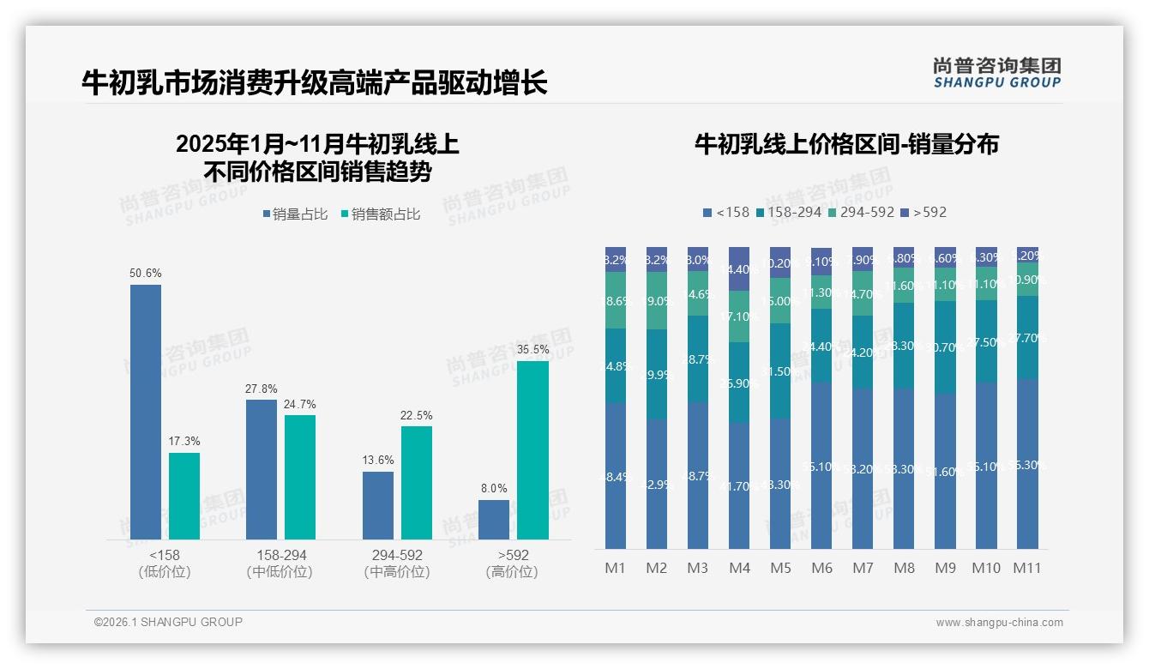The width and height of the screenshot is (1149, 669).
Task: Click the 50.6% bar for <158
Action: click(146, 412)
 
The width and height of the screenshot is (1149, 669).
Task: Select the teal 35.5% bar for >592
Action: click(532, 450)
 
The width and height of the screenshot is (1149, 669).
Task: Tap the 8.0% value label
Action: click(494, 489)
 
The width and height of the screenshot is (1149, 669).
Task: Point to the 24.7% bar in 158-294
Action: click(300, 477)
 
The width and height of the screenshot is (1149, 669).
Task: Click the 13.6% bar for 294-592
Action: click(378, 505)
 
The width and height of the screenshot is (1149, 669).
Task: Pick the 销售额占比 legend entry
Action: click(381, 214)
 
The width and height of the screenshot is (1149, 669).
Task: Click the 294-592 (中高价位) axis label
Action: click(397, 564)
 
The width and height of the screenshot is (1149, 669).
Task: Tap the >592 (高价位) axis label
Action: click(512, 564)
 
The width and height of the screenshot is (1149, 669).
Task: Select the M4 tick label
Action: click(739, 568)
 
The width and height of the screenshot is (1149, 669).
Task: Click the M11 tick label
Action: click(1026, 568)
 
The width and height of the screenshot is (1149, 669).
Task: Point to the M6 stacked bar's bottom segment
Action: click(821, 465)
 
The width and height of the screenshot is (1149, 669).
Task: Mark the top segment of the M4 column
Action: click(739, 268)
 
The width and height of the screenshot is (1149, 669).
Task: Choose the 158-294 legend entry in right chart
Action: click(789, 212)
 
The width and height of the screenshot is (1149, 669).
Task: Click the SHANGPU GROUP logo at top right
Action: click(996, 73)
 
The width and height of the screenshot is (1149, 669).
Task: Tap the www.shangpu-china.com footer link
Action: click(999, 623)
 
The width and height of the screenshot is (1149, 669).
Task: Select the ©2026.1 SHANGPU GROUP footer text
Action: click(168, 622)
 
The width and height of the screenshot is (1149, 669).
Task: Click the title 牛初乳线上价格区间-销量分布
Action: click(846, 144)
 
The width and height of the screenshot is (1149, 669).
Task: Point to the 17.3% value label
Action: click(184, 442)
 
